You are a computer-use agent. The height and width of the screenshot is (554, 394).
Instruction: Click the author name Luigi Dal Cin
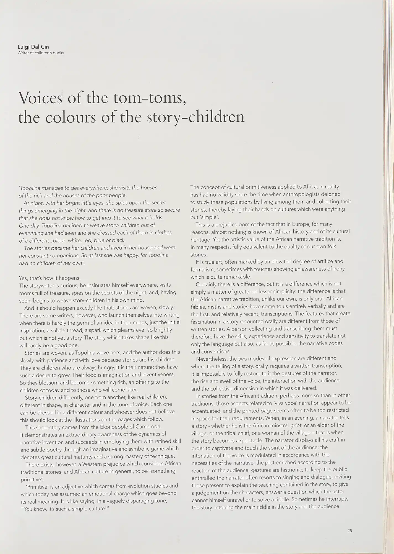point(33,47)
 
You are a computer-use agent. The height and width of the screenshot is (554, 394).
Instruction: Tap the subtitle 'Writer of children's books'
point(41,53)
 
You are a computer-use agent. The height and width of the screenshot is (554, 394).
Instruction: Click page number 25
point(349,531)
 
